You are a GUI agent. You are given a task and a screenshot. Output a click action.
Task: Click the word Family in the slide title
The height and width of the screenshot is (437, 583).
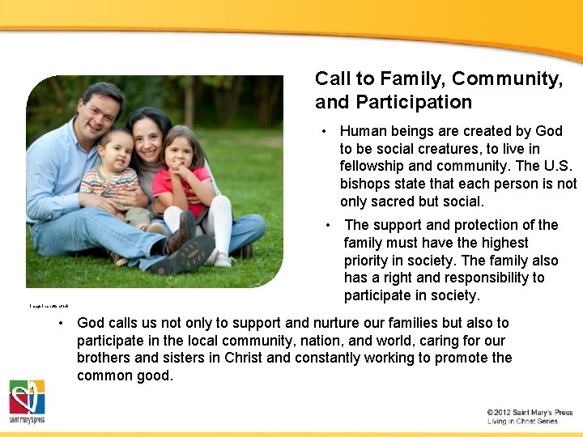[406, 78]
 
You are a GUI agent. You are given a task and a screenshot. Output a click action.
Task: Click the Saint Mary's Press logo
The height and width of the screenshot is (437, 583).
[27, 401]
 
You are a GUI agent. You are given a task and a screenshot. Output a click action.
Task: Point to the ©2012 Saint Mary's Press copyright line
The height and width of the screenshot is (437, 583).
[530, 412]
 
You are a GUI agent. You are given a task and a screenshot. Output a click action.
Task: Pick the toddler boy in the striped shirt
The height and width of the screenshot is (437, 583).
[118, 174]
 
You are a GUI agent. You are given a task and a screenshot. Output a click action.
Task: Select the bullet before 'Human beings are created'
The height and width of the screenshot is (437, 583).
[323, 131]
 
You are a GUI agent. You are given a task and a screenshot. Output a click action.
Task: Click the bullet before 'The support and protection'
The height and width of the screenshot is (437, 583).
[328, 225]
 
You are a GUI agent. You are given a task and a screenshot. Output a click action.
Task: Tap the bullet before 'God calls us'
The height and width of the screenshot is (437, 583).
[61, 323]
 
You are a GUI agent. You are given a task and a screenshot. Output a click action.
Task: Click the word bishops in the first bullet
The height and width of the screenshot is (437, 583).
[365, 184]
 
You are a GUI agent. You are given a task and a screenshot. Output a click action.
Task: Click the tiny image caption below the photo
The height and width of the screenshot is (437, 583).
[49, 305]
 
